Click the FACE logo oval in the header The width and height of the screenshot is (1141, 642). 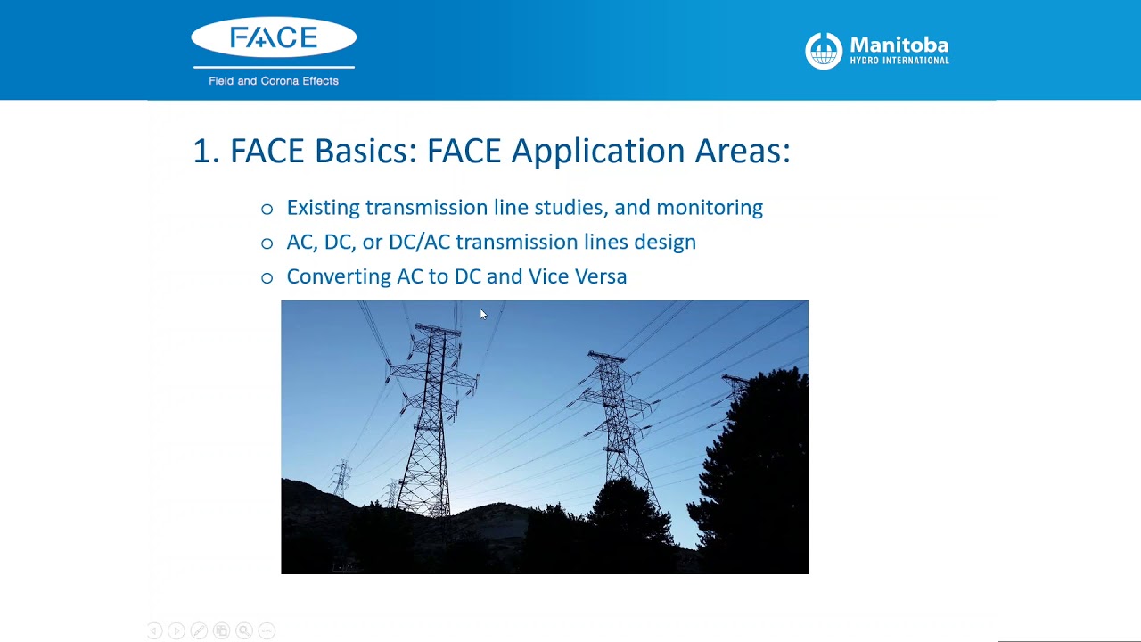pyautogui.click(x=274, y=37)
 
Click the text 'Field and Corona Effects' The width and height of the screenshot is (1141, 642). pyautogui.click(x=274, y=81)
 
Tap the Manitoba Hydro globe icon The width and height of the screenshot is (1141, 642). pyautogui.click(x=824, y=51)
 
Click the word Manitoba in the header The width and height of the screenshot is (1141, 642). pyautogui.click(x=899, y=45)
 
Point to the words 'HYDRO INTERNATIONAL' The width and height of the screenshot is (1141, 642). pyautogui.click(x=899, y=61)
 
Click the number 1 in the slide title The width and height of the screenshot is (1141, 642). pyautogui.click(x=201, y=151)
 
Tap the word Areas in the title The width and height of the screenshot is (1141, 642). pyautogui.click(x=742, y=151)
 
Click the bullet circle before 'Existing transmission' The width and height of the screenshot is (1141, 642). pyautogui.click(x=267, y=209)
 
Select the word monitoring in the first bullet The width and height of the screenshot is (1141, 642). pyautogui.click(x=710, y=208)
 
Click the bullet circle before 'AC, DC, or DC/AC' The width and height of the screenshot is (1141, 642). pyautogui.click(x=267, y=243)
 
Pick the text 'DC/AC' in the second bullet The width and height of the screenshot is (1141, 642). pyautogui.click(x=419, y=242)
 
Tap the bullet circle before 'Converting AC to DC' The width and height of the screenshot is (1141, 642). pyautogui.click(x=267, y=278)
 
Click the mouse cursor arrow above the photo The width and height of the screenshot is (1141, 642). pyautogui.click(x=482, y=314)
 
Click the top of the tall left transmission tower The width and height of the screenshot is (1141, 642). pyautogui.click(x=437, y=328)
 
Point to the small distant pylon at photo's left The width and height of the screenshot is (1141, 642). pyautogui.click(x=341, y=477)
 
